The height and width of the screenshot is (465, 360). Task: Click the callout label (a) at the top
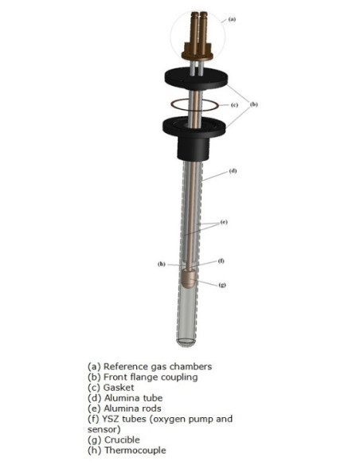tap(233, 18)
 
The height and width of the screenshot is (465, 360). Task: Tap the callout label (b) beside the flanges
tap(254, 104)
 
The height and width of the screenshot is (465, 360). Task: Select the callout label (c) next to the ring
tap(234, 104)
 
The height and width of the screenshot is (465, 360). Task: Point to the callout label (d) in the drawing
tap(233, 171)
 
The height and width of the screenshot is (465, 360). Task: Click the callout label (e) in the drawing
tap(224, 222)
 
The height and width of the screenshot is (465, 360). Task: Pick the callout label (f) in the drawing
tap(221, 261)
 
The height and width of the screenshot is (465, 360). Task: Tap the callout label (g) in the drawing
tap(222, 283)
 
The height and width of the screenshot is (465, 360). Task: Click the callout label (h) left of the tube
tap(161, 264)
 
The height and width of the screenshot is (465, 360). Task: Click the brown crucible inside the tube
tap(190, 279)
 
